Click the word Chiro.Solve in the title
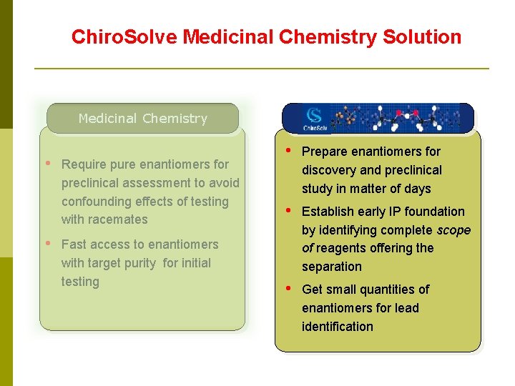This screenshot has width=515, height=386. click(x=124, y=37)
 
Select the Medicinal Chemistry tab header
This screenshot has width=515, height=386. click(x=142, y=119)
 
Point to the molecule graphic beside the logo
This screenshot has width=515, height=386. click(x=401, y=118)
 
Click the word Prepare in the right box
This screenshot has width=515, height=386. click(x=324, y=152)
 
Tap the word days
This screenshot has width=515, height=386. click(x=417, y=189)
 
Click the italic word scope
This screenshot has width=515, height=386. click(x=453, y=230)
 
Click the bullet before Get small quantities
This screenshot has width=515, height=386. click(x=288, y=288)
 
